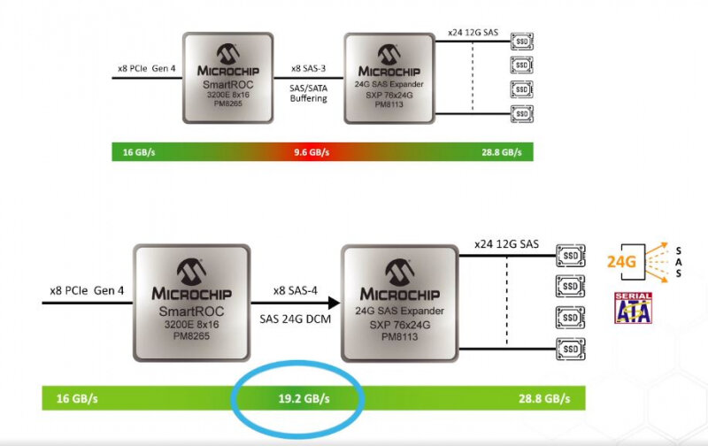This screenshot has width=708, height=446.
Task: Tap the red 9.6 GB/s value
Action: tap(312, 152)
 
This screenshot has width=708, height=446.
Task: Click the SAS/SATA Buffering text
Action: tap(309, 91)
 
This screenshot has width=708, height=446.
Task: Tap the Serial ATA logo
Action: tap(633, 308)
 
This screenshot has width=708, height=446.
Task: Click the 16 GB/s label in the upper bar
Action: tap(140, 152)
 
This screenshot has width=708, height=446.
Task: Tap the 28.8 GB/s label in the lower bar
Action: tap(543, 398)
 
